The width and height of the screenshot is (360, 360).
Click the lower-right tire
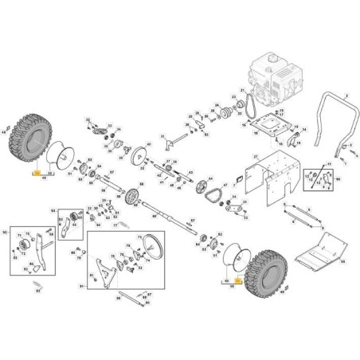pos(264,272)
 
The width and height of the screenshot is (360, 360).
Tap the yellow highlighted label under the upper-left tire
pos(35,171)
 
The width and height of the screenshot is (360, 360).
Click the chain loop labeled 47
pos(211,191)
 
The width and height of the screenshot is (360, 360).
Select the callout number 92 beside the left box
pos(6,233)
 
